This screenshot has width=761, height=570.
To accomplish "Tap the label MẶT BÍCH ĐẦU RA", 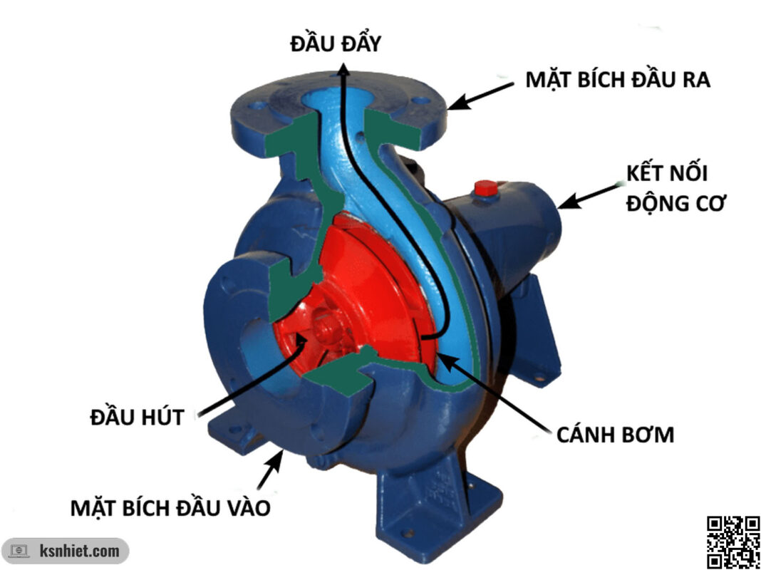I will click(x=618, y=79).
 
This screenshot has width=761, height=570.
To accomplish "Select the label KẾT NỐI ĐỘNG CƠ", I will click(x=675, y=188).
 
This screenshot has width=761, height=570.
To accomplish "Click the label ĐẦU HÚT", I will click(x=138, y=416).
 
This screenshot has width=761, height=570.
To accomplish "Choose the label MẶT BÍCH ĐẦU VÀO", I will click(x=171, y=508).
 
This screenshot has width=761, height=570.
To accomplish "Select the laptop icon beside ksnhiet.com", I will click(x=19, y=551).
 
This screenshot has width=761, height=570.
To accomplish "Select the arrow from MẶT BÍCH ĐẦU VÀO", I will click(x=271, y=470).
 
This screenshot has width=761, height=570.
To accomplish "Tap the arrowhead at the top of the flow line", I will click(x=343, y=69).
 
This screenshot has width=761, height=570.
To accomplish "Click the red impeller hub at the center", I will click(x=326, y=329).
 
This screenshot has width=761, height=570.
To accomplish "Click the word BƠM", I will click(x=646, y=434).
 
